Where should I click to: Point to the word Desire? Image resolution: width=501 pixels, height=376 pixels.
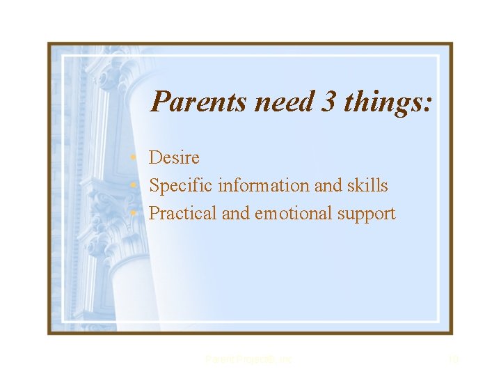tap(174, 158)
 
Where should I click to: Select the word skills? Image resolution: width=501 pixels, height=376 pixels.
tap(369, 186)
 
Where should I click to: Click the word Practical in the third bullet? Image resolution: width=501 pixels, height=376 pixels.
tap(183, 214)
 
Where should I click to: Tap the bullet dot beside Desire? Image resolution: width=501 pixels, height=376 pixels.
tap(140, 159)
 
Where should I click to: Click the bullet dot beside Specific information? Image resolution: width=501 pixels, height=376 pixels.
tap(140, 187)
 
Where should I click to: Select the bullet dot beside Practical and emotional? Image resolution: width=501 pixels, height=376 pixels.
tap(140, 214)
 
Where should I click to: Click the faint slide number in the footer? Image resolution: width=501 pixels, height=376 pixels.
tap(453, 359)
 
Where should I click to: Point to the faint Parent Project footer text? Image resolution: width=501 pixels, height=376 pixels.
tap(249, 359)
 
